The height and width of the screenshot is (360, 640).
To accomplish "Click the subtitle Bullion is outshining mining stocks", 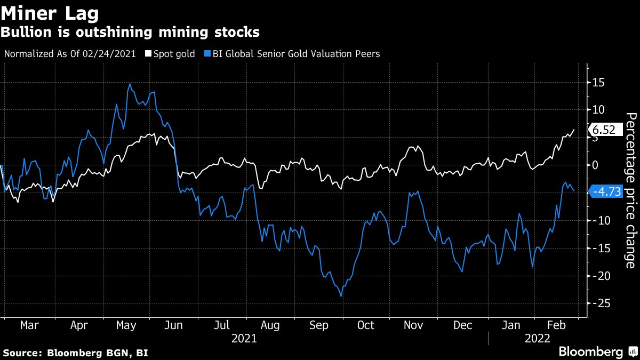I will coord(130,32).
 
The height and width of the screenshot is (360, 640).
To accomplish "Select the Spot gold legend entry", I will coord(170,54).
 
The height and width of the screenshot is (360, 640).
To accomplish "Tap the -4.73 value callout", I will coord(607,192).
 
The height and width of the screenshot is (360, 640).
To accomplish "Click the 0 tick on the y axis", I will coord(595,165).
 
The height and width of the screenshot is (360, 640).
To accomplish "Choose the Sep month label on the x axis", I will coord(319,325).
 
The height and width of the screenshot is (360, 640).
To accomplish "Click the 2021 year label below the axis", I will coord(244,338).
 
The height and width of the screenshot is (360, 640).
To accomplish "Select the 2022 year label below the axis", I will coord(538,338).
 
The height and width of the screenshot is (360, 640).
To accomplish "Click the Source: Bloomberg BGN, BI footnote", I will coord(76,353).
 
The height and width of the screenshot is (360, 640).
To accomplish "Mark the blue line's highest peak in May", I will coord(130,84).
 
